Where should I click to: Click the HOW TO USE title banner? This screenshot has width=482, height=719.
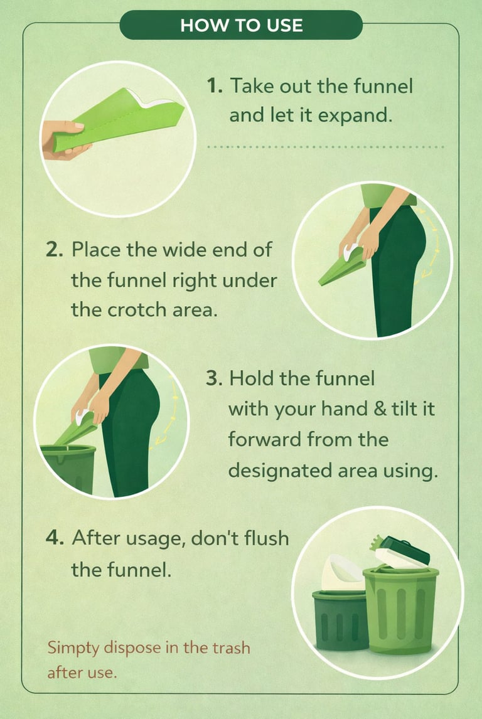tap(241, 24)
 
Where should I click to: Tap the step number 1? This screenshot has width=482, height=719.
tap(215, 86)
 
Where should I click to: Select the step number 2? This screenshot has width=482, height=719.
tap(55, 250)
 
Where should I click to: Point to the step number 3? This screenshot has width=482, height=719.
tap(214, 378)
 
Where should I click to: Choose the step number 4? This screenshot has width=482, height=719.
tap(55, 538)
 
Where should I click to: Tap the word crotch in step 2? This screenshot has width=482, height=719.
tap(136, 309)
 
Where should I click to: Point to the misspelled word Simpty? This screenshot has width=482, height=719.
tap(73, 649)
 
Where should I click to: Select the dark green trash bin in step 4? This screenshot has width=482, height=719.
tap(340, 620)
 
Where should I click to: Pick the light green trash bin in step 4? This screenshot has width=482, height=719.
tap(400, 610)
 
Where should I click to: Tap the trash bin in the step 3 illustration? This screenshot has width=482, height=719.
tap(70, 467)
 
